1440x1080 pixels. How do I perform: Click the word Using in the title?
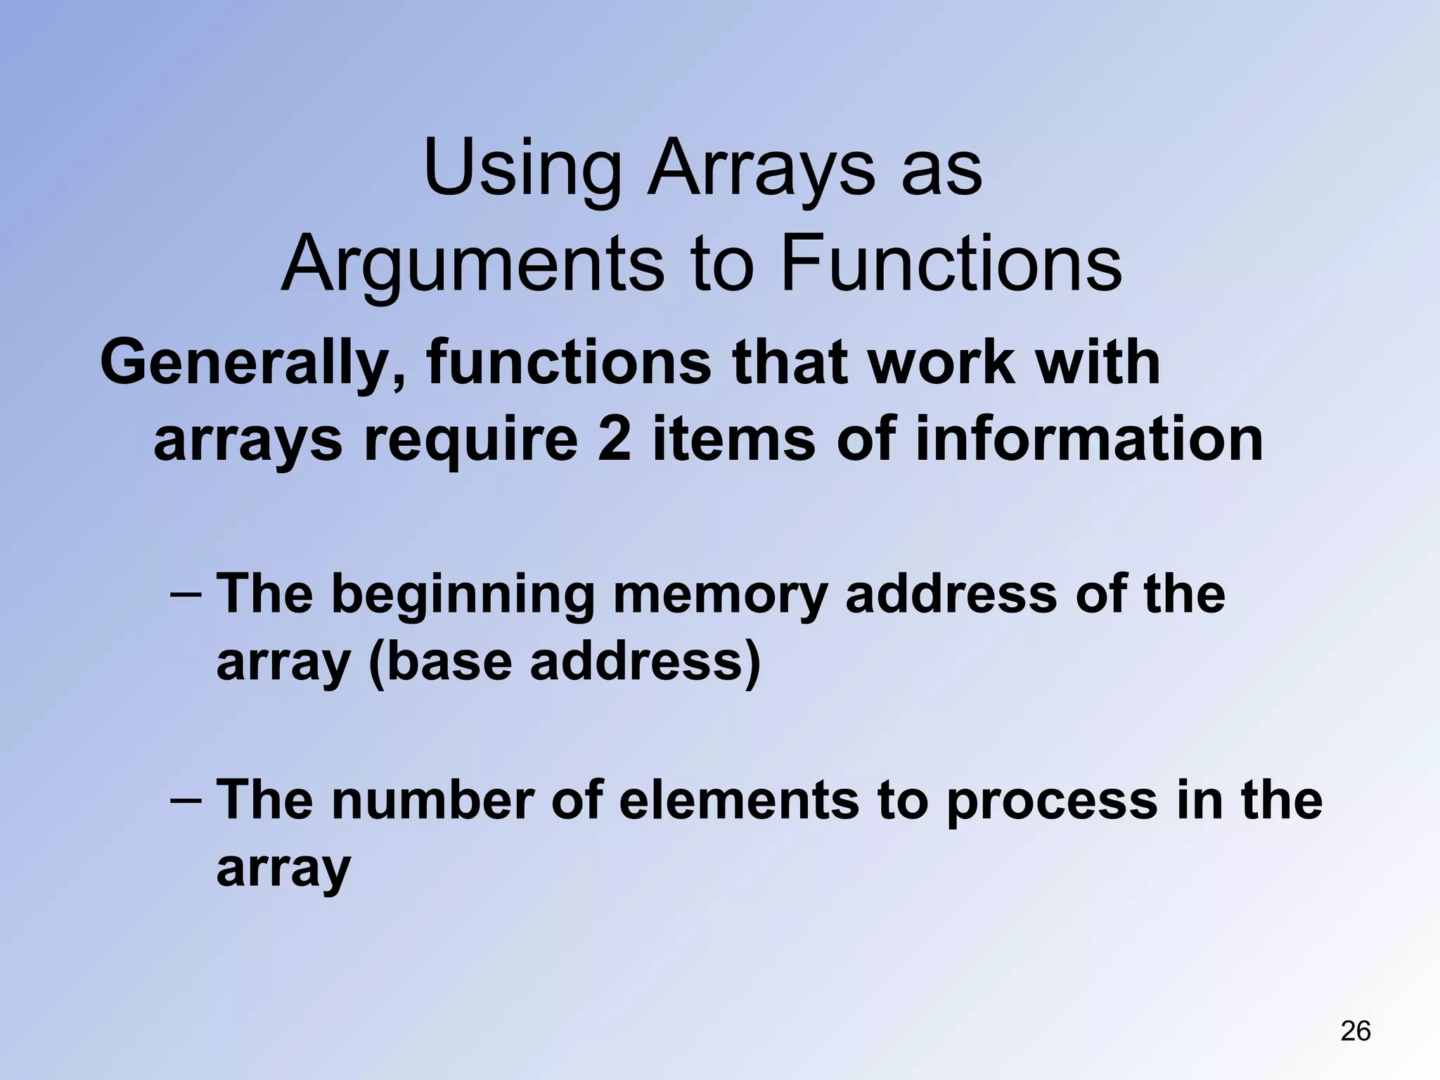coord(522,169)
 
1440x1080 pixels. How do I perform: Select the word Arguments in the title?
coord(472,264)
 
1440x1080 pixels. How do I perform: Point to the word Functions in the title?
coord(951,264)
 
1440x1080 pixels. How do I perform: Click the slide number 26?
coord(1355,1031)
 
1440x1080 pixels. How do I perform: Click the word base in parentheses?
coord(448,662)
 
